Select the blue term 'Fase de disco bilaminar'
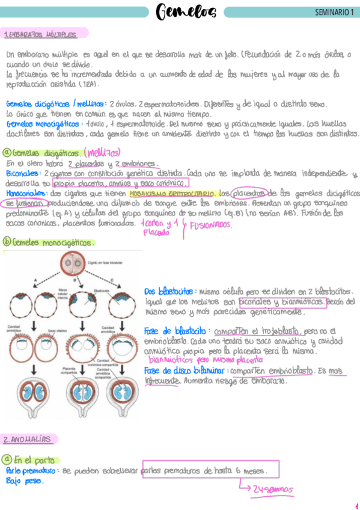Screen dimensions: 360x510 click(181, 371)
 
